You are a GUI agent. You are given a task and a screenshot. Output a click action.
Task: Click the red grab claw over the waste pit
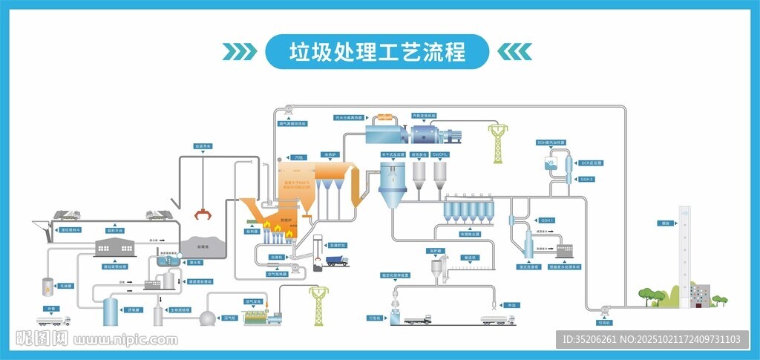201,216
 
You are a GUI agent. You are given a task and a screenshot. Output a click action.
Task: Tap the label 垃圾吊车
203,147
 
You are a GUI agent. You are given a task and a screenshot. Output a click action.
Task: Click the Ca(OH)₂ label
440,154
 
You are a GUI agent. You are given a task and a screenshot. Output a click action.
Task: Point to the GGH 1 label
547,220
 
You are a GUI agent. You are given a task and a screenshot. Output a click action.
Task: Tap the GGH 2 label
587,179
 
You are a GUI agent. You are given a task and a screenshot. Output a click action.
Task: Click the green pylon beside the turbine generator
495,143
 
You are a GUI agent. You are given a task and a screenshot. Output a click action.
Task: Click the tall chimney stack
684,252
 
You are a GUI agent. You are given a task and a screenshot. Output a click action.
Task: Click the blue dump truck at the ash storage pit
337,260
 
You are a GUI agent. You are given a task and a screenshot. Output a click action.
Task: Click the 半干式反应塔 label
393,154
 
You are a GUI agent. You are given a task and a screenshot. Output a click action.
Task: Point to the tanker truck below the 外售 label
53,321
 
